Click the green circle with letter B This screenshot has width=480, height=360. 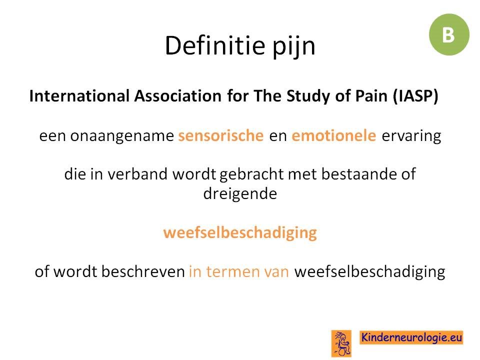point(449,34)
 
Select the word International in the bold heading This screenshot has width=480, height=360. point(79,96)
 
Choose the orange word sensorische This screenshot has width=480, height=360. point(220,135)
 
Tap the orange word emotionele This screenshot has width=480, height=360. point(333,135)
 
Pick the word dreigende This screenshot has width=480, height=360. point(240,194)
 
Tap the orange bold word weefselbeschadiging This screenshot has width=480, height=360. point(240,233)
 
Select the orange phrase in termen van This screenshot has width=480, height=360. point(239,271)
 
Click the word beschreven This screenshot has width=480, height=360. point(143,271)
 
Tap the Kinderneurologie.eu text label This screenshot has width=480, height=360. point(411,337)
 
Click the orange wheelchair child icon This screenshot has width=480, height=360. point(341,343)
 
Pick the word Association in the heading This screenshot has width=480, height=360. point(178,96)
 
